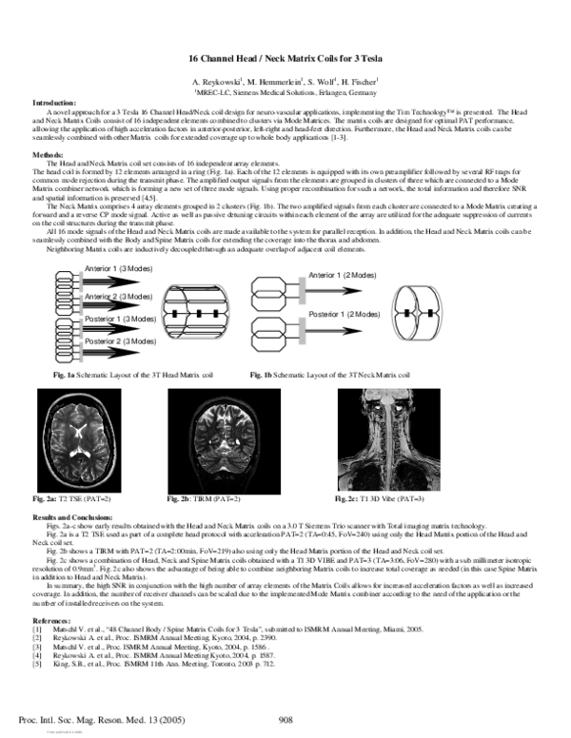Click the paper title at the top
pos(285,60)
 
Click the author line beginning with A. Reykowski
pos(285,83)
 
